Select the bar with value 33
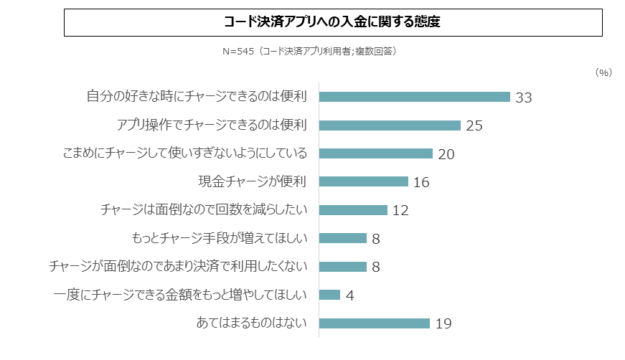coord(414,97)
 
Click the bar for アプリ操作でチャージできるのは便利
coord(390,125)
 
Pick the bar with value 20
coord(375,153)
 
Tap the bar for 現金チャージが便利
coord(364,181)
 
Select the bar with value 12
coord(353,210)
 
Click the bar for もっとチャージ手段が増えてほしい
coord(342,238)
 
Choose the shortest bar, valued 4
coord(329,295)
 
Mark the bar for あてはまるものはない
coord(374,323)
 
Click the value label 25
coord(474,126)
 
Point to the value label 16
coord(421,183)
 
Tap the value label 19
coord(443,324)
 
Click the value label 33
coord(524,98)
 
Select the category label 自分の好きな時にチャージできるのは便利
coord(197,97)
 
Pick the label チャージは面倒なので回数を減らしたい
coord(205,210)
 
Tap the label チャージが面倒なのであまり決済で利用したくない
coord(178,267)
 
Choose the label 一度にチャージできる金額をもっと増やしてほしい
coord(180,295)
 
